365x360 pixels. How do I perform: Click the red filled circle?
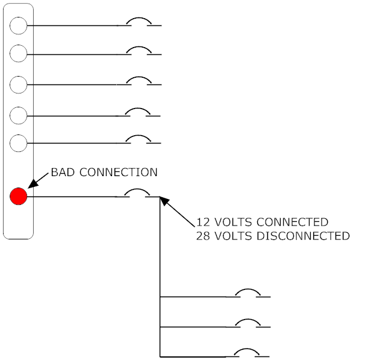[19, 196]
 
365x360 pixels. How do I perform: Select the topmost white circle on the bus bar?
[19, 25]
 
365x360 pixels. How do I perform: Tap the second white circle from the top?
[19, 53]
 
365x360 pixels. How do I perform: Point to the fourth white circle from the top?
[19, 114]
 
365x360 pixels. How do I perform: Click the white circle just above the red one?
[19, 144]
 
